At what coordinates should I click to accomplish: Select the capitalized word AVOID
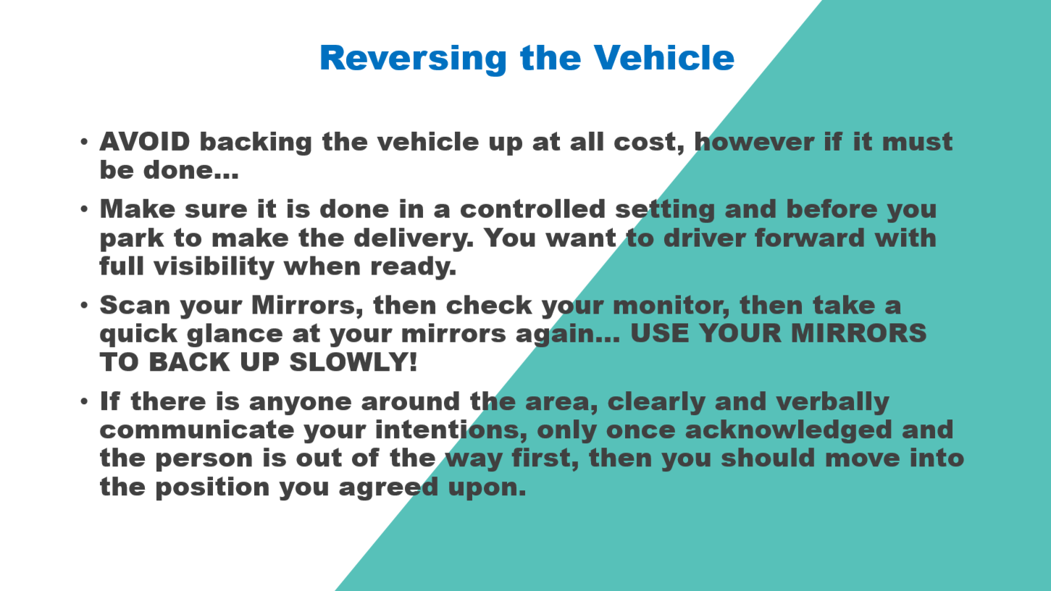(145, 142)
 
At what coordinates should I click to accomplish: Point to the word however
(754, 142)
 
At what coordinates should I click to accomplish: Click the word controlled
(532, 209)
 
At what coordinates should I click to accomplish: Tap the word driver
(704, 238)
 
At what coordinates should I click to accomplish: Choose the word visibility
(214, 267)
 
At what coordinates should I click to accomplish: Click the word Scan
(135, 306)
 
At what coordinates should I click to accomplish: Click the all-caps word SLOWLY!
(353, 362)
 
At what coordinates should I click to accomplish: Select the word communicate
(196, 430)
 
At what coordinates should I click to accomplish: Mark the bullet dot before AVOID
(84, 142)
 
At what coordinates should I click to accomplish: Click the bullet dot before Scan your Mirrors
(84, 306)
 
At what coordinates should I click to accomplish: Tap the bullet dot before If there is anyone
(84, 401)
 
